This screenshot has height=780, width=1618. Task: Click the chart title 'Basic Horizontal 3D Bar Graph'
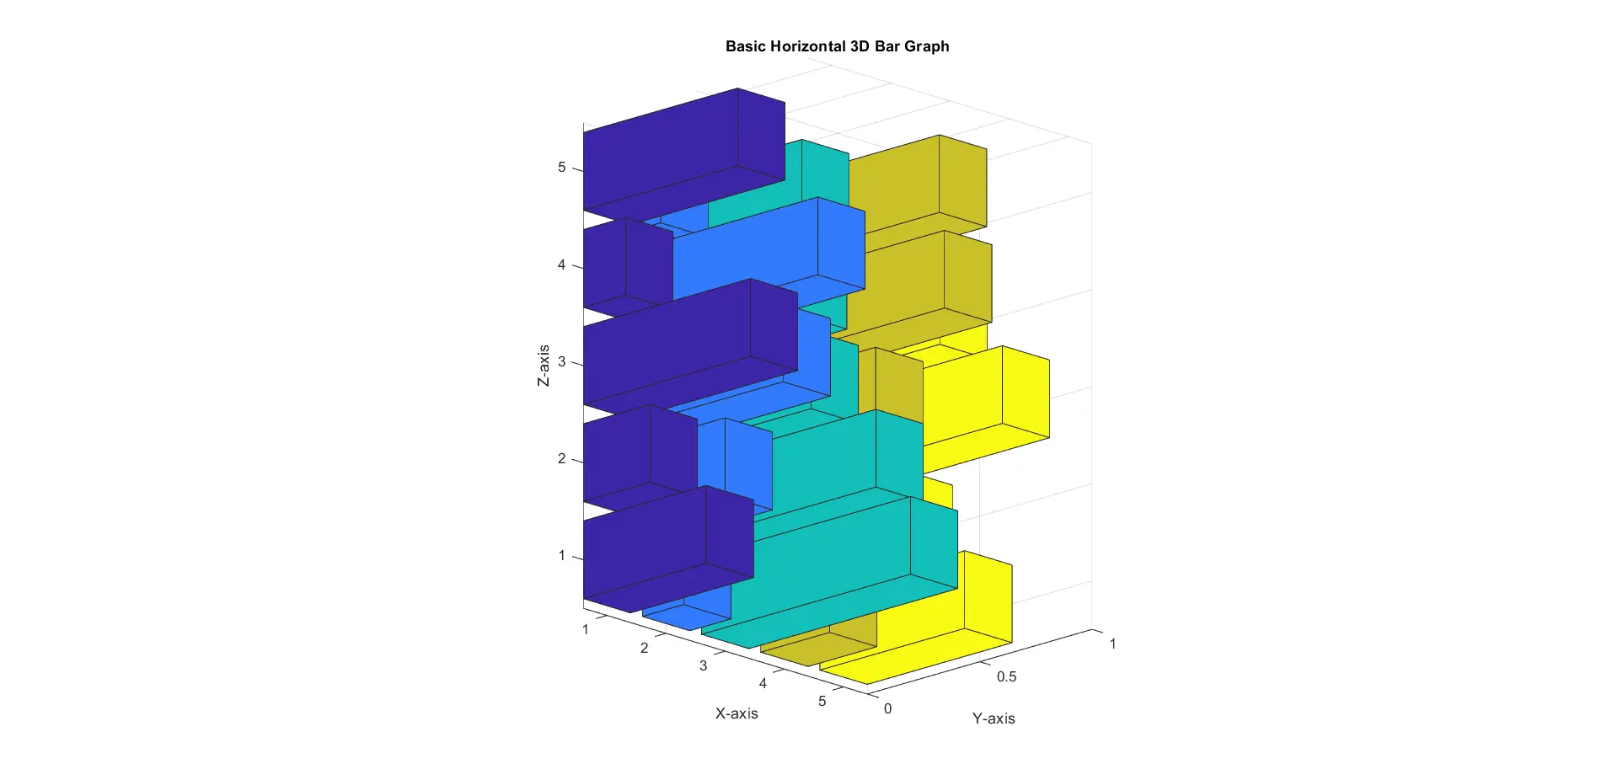coord(837,46)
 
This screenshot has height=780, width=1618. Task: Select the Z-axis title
coord(544,366)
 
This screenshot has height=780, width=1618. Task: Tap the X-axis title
coord(737,713)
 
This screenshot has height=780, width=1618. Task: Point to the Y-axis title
coord(994,719)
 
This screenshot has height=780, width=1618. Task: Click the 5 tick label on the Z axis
coord(561,168)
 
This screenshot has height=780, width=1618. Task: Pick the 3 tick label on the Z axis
coord(561,362)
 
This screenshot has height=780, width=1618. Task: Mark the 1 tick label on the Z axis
coord(561,556)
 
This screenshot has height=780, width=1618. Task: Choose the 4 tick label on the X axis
coord(763,683)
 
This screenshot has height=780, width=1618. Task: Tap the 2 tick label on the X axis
coord(644,648)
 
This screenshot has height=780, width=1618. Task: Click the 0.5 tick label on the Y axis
coord(1006,676)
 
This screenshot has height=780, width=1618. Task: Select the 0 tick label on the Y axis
coord(887,708)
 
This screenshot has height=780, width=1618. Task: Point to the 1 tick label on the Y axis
coord(1112,644)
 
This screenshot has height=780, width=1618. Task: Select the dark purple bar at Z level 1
coord(666,548)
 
